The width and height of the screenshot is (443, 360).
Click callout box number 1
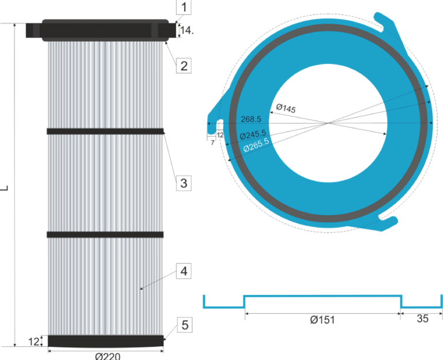(183, 8)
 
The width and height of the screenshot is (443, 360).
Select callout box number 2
(183, 65)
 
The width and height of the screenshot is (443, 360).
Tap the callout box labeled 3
(183, 183)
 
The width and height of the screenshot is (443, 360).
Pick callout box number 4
(183, 271)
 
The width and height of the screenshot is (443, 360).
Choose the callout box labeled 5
(185, 325)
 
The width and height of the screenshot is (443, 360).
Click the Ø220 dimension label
(107, 355)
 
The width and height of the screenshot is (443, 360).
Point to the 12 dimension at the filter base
(33, 342)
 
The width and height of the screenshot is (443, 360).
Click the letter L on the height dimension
(5, 187)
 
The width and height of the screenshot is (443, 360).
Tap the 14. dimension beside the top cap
(186, 29)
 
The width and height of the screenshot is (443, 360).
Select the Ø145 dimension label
(286, 108)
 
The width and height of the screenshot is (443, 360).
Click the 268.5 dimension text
(251, 119)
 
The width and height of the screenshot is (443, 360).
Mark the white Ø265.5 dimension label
(256, 144)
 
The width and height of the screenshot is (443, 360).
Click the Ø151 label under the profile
(322, 320)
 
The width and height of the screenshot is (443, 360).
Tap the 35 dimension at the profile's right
(423, 319)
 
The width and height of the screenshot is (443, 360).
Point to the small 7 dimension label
(212, 142)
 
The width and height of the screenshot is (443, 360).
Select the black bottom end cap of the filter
(105, 341)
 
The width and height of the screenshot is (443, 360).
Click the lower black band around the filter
(105, 234)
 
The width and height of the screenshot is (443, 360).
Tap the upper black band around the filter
(105, 131)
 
